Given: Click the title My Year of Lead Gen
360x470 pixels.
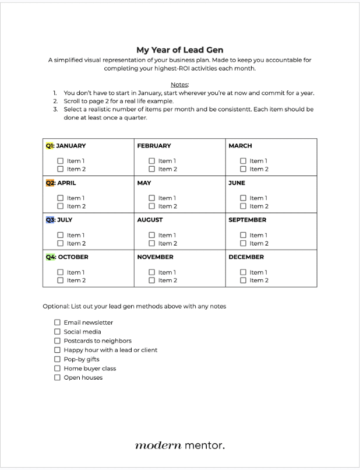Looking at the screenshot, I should tap(179, 50).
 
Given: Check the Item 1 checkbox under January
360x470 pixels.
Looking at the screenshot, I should tap(61, 161).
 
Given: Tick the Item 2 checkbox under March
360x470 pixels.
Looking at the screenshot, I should tap(243, 169).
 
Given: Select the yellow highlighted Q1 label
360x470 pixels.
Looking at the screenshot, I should tap(50, 146).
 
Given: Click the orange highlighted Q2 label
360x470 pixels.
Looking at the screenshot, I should tap(50, 183).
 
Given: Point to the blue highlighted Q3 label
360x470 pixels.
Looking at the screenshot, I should tap(50, 220).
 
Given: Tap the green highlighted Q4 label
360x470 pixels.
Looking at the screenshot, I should tap(50, 257).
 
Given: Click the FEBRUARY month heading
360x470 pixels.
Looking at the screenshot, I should tap(154, 146).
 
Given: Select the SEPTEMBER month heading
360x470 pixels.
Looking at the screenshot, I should tap(247, 220).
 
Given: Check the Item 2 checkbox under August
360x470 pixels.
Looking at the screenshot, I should tap(152, 243).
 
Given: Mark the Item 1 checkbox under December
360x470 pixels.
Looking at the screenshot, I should tap(243, 272).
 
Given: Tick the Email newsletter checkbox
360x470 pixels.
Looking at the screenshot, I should tap(57, 322).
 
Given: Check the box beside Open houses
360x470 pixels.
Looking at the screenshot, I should tap(57, 377).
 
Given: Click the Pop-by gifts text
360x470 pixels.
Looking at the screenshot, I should tap(82, 359).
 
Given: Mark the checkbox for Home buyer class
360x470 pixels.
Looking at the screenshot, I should tap(57, 369).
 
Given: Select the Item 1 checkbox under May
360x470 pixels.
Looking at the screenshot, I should tap(152, 198).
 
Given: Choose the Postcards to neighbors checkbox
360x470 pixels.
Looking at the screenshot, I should tap(57, 341).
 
